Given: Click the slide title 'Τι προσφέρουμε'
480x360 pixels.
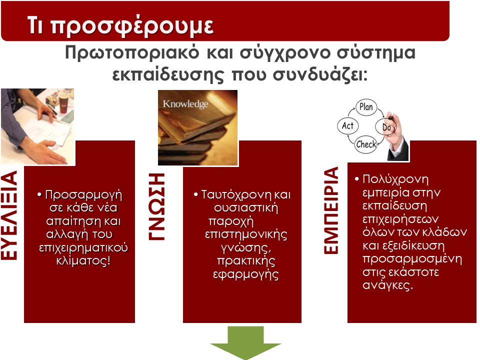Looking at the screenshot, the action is [x=120, y=25].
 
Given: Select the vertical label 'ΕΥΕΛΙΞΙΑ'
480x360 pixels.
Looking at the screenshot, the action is [x=9, y=215].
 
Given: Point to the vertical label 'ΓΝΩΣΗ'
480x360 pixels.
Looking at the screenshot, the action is [x=156, y=206].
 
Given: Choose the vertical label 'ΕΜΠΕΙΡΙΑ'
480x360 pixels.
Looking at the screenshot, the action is [x=331, y=210].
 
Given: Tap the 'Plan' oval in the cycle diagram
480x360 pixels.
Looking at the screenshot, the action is [x=366, y=107].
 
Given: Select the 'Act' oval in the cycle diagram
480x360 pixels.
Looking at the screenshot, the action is [x=348, y=126].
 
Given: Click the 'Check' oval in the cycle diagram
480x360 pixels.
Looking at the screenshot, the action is [x=366, y=144].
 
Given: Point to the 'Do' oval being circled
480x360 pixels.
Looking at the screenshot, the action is [x=386, y=126].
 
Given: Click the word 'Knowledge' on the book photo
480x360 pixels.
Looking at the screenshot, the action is [x=185, y=104].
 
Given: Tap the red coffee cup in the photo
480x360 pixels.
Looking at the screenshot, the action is [x=63, y=103].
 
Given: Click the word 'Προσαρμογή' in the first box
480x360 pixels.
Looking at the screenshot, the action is [x=83, y=195].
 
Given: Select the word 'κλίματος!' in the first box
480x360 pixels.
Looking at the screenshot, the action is [x=83, y=261].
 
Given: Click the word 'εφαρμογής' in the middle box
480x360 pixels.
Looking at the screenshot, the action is [x=246, y=274].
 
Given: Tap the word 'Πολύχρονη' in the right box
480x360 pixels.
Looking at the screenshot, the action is [x=395, y=179].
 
